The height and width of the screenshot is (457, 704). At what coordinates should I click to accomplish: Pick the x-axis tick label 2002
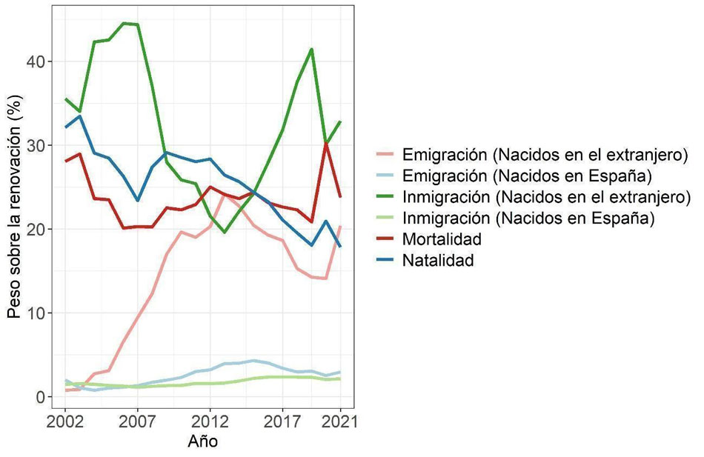coord(65,422)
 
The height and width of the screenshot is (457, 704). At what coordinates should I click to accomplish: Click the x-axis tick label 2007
coord(137,422)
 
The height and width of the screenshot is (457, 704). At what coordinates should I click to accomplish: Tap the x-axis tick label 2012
coord(210,422)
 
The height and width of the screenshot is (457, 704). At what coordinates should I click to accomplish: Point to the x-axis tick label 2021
coord(340,422)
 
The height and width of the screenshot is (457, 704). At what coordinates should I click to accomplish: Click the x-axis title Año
coord(202,443)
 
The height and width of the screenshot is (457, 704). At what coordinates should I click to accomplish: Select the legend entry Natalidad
coord(437,261)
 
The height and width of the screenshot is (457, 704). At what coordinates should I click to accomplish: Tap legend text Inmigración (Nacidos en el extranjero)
coord(546,197)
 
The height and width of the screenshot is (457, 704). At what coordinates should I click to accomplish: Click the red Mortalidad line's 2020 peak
coord(326,143)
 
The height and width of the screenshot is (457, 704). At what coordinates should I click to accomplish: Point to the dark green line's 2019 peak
coord(311,50)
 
